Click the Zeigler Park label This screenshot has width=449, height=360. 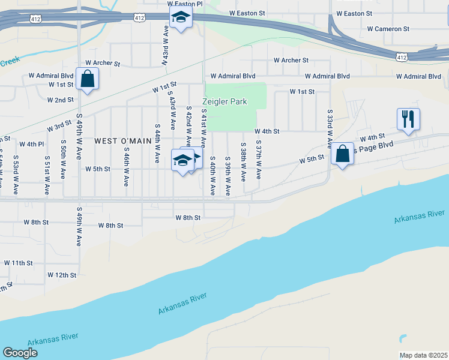(225, 101)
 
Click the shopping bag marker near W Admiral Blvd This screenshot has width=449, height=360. (88, 79)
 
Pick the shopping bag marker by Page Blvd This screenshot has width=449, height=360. (343, 154)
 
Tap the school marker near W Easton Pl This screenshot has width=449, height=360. (180, 18)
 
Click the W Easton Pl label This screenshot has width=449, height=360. (185, 4)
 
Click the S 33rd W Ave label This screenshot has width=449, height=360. (330, 128)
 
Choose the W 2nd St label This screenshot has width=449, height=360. (60, 100)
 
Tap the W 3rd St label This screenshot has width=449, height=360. (59, 127)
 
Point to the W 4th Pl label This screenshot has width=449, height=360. (31, 144)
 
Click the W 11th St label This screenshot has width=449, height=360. (18, 263)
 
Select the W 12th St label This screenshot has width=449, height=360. (62, 275)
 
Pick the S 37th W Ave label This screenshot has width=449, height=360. (259, 160)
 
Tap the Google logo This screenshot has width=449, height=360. (20, 353)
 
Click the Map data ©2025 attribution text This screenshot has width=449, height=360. (423, 355)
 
